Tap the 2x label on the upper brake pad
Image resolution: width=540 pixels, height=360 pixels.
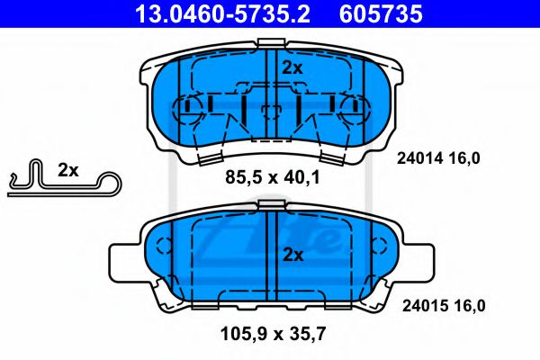(292, 67)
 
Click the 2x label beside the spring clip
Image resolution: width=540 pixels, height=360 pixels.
(68, 169)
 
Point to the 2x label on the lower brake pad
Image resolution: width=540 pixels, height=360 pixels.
(292, 255)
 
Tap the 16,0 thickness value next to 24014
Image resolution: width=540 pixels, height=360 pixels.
(467, 157)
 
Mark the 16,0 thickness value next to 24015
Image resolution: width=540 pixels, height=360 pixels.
(467, 306)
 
